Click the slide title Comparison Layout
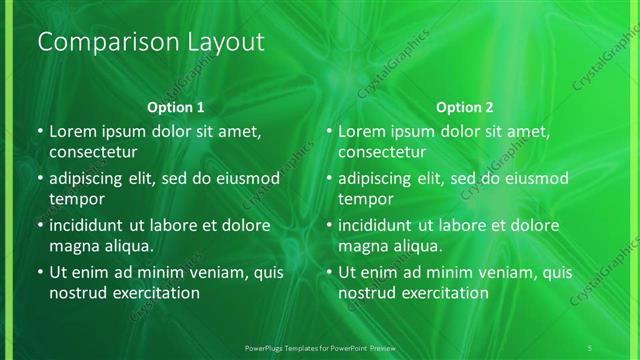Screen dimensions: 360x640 point(150,42)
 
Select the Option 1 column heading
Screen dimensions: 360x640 point(175,107)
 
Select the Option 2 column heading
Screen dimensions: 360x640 point(465,107)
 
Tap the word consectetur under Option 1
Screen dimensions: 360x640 point(93,152)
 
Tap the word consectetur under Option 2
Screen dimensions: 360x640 point(383,152)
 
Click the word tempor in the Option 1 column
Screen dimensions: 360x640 point(76,199)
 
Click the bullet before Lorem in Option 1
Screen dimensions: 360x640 point(40,131)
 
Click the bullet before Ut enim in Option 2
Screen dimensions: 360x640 point(330,272)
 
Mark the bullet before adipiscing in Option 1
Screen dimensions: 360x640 point(40,178)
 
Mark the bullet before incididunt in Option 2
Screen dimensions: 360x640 point(330,225)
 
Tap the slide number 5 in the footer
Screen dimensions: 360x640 point(591,346)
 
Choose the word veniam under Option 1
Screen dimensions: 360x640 point(204,271)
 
